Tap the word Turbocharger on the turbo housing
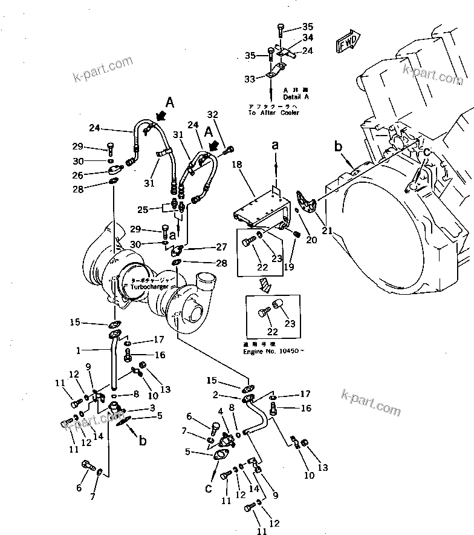pyautogui.click(x=149, y=287)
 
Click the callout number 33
pyautogui.click(x=249, y=79)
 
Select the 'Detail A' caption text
pyautogui.click(x=295, y=97)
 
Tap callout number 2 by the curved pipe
pyautogui.click(x=215, y=395)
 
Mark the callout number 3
pyautogui.click(x=153, y=409)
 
